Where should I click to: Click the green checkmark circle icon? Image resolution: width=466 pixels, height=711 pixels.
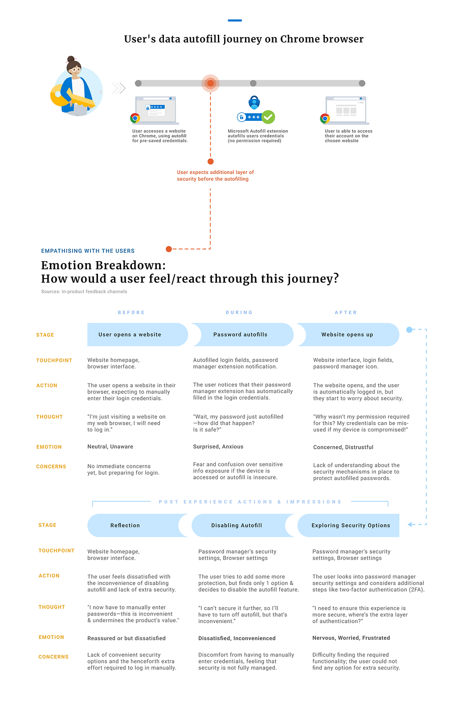click(268, 117)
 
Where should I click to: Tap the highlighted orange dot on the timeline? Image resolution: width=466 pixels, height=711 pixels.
click(210, 83)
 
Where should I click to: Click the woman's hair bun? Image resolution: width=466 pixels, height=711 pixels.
click(71, 59)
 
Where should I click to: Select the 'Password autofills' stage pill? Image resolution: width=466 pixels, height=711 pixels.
click(243, 335)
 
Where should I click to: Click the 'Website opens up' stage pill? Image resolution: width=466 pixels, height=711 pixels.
click(348, 335)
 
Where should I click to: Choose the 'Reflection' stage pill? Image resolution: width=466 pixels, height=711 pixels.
click(138, 525)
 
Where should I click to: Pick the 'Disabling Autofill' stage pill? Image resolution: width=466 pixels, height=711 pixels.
click(243, 525)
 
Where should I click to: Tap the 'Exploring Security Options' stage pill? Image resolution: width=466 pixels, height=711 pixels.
click(348, 525)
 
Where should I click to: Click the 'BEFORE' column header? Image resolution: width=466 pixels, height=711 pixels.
click(131, 312)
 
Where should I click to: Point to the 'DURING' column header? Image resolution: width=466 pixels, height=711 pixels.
click(239, 312)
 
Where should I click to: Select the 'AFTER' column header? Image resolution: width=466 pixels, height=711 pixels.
click(346, 312)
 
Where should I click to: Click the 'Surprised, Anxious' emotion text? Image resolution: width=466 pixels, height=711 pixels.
click(218, 447)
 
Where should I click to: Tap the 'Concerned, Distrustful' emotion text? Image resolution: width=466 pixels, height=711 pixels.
click(343, 447)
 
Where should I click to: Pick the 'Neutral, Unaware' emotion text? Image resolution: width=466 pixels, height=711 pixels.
click(110, 447)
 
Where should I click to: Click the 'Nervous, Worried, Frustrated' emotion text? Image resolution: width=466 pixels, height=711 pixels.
click(351, 638)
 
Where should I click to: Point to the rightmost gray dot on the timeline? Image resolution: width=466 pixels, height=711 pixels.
click(362, 83)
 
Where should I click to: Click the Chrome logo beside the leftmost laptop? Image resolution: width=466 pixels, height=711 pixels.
click(135, 118)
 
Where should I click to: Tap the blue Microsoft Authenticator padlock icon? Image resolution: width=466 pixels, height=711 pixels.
click(254, 102)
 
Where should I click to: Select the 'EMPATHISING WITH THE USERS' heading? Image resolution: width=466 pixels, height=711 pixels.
click(88, 251)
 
